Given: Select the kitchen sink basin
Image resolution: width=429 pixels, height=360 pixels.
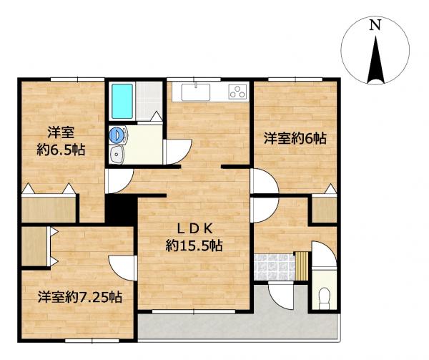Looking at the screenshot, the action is [196, 92].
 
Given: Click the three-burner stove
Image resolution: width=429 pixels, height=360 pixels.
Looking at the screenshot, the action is [238, 92].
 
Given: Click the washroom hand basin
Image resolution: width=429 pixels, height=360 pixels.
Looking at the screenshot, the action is [117, 155].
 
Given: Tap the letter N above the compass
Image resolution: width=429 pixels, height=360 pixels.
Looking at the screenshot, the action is [375, 26].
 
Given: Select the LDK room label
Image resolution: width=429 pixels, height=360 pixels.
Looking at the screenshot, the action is [194, 230].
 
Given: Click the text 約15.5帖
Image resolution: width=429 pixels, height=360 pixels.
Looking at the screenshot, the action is [194, 245].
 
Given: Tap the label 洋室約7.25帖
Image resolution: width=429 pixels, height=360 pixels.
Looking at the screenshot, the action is [80, 296].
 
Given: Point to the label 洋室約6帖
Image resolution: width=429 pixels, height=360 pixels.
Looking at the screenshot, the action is [295, 139].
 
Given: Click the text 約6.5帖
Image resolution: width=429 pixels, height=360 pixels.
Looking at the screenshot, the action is [61, 150].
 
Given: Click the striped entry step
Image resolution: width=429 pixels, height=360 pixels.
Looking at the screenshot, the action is [302, 266].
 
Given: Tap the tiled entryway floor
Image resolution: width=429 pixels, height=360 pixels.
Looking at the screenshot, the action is [275, 267].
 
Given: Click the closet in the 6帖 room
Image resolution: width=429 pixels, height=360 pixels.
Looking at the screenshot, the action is [324, 210].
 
